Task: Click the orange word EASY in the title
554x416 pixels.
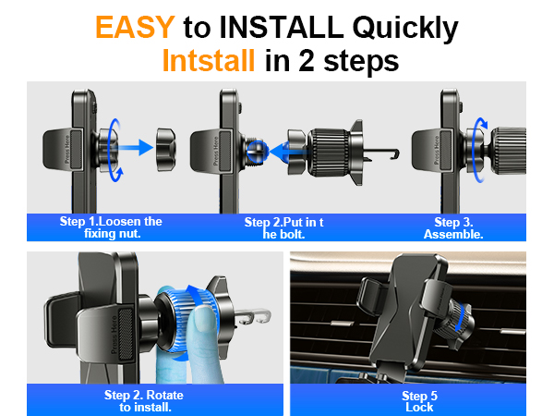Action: point(135,27)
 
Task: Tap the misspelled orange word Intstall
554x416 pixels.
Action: point(209,60)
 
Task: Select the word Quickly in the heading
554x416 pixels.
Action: point(405,29)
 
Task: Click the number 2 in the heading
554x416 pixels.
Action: point(307,61)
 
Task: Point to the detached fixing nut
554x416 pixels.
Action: point(166,150)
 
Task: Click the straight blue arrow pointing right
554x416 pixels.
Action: point(135,147)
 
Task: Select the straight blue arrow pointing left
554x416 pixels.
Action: point(287,151)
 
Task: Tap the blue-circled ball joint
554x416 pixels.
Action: point(258,152)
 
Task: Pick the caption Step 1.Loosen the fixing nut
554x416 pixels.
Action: point(111,227)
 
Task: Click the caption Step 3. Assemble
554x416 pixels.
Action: point(453,228)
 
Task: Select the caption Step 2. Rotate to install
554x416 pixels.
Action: point(144,401)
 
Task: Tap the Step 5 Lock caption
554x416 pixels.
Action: point(419,401)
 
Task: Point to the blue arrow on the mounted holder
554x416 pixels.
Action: point(459,318)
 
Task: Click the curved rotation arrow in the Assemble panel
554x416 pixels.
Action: point(475,150)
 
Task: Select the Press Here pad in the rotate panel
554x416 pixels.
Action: point(120,334)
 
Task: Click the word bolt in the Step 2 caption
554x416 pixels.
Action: point(293,235)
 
